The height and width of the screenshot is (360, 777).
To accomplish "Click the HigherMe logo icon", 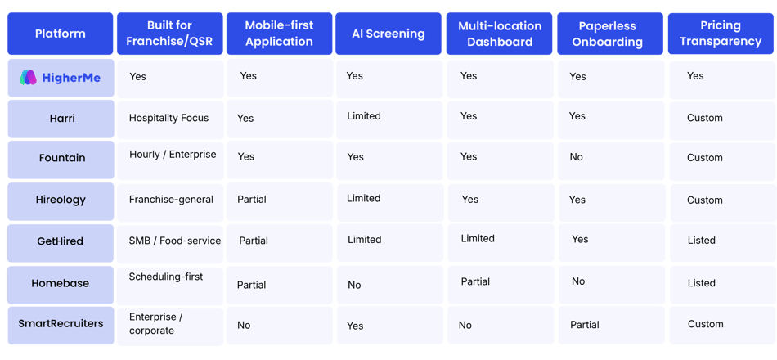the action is coord(29,78).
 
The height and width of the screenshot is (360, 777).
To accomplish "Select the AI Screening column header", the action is coord(388,34).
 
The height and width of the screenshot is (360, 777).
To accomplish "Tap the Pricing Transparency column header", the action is coord(721,34).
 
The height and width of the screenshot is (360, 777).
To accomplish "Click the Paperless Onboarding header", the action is coord(610,34).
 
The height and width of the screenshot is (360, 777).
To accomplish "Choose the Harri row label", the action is coord(61,119).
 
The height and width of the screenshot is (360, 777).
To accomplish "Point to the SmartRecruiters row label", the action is coord(61,324).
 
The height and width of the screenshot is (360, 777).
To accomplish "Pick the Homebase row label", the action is coord(61,283).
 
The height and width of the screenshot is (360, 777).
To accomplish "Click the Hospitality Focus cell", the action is coord(169,118).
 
